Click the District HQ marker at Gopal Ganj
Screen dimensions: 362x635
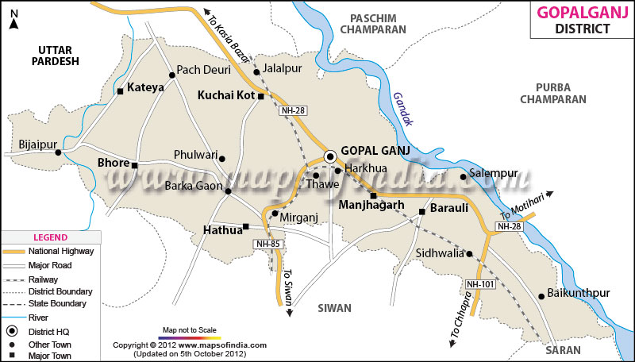329,156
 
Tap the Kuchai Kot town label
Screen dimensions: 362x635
225,95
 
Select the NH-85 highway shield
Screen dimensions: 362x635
267,244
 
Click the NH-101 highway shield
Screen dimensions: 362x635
479,283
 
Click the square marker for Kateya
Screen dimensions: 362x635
121,91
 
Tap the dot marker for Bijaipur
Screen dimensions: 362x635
58,152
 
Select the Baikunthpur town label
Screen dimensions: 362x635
579,293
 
